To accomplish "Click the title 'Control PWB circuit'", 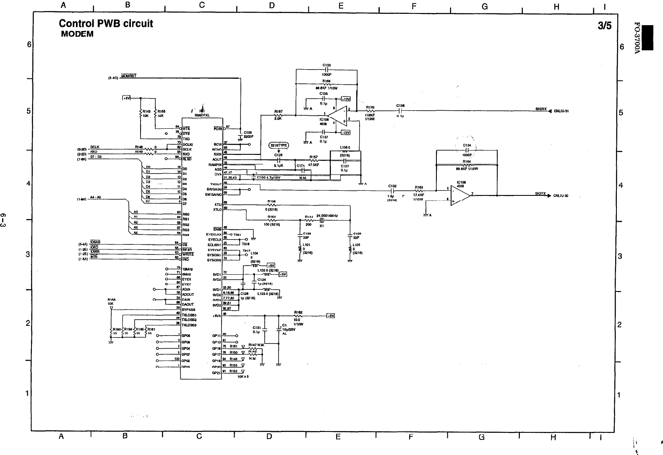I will (106, 23).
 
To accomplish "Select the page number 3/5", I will (605, 26).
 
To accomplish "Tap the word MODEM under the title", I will (77, 34).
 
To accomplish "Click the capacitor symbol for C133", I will (326, 70).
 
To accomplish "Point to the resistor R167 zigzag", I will (278, 115).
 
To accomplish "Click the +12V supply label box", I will (345, 99).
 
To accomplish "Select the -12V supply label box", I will (345, 133).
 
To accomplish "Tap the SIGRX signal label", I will (541, 109).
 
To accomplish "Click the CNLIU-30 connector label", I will (561, 195).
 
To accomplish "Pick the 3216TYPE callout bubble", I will (279, 145).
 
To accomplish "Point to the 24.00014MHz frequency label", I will (327, 216).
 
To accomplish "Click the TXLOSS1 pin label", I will (189, 315).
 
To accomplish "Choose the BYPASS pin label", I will (188, 309).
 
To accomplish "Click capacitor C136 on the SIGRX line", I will (400, 111).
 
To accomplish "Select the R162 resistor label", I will (298, 312).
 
